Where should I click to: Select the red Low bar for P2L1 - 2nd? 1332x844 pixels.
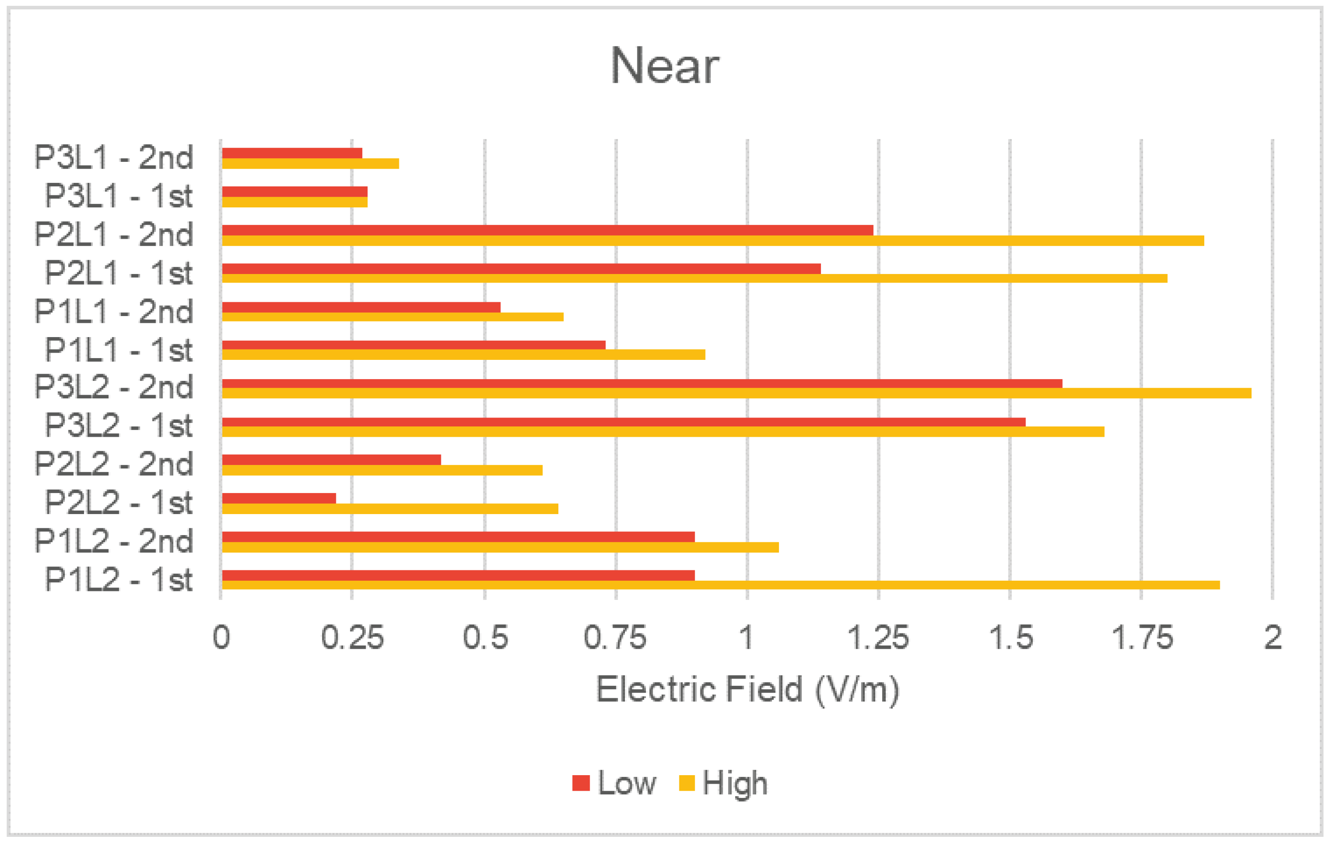tap(547, 230)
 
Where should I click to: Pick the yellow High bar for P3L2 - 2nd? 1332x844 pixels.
tap(736, 393)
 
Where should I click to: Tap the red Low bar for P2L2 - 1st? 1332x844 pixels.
tap(279, 498)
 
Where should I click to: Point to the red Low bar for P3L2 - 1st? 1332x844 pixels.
tap(624, 422)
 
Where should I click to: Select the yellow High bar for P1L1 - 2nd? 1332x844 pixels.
tap(392, 317)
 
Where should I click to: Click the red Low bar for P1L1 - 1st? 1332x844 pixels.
tap(413, 346)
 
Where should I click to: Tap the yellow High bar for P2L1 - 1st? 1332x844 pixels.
tap(694, 279)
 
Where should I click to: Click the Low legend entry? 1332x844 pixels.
tap(614, 783)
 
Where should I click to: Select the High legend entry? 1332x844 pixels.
tap(724, 783)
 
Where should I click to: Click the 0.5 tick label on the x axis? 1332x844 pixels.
tap(485, 637)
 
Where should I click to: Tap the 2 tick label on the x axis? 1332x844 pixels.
tap(1273, 637)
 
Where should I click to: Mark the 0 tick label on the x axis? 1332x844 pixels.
tap(221, 637)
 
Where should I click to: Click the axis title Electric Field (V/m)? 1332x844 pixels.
tap(747, 690)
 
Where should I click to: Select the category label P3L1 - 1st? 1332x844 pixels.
tap(118, 196)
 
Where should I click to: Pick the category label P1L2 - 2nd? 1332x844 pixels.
tap(113, 541)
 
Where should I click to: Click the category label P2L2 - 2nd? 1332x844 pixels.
tap(113, 464)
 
